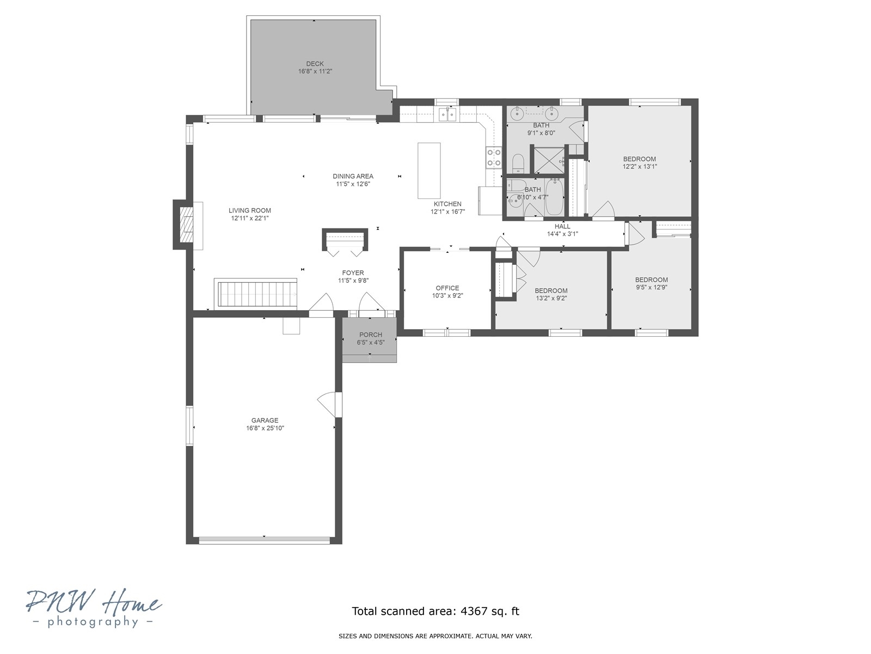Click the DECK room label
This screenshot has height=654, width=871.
(315, 64)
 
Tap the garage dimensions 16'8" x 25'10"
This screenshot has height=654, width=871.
(265, 428)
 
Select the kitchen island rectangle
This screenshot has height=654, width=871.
(429, 171)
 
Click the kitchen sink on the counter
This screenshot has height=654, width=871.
(447, 114)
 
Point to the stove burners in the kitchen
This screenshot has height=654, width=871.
(494, 158)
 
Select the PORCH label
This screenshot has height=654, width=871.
(370, 335)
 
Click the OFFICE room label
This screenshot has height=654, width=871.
(447, 288)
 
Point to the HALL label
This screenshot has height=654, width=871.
(562, 226)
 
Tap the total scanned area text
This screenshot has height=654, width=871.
(436, 611)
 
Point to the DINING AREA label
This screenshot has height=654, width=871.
(353, 176)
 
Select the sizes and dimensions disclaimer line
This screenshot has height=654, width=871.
(436, 636)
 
